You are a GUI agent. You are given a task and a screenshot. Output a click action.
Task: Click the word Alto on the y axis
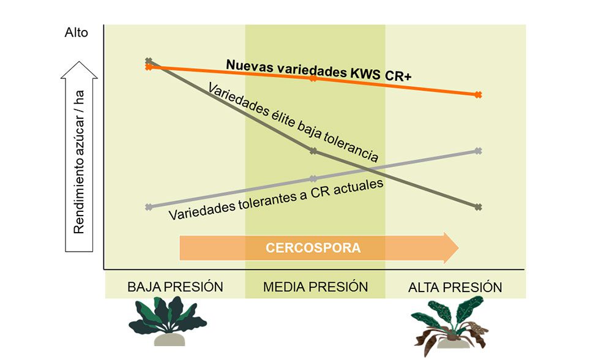76,33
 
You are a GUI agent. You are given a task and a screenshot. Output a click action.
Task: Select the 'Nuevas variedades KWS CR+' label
318,67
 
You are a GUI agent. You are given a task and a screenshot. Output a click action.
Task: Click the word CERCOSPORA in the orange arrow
313,248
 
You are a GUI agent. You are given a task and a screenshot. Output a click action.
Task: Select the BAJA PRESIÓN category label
175,287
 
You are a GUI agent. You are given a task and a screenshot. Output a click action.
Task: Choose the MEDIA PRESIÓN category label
315,287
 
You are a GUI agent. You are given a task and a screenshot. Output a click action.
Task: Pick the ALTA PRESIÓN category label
455,287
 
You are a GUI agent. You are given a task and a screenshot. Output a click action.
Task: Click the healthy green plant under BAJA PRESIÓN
166,320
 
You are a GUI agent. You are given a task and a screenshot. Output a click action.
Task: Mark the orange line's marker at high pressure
479,94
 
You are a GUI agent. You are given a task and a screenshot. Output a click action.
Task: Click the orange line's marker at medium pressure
313,78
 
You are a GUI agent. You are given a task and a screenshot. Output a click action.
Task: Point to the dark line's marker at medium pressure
313,151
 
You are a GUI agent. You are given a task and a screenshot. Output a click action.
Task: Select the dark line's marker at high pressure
479,207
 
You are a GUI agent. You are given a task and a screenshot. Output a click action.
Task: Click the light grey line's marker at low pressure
149,207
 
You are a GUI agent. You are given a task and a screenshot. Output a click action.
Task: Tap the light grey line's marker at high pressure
479,151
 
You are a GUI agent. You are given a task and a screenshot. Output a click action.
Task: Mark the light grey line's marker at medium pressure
313,179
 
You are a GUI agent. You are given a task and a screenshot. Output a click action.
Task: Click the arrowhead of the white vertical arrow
78,69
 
